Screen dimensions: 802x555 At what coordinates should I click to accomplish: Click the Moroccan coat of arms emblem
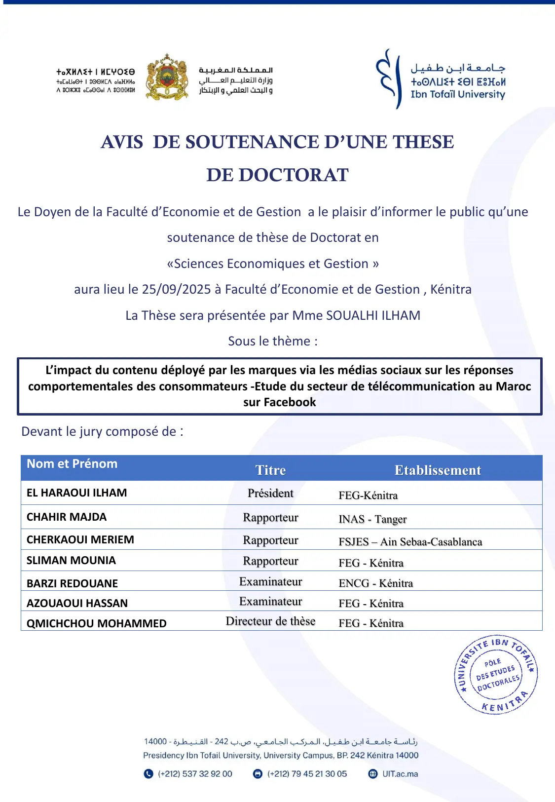click(167, 77)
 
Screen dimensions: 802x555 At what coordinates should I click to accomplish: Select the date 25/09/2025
click(176, 289)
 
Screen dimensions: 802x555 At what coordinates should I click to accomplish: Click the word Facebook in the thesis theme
click(290, 402)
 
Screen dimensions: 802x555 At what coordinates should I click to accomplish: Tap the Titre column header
click(270, 470)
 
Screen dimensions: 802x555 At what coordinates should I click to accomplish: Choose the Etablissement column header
click(438, 470)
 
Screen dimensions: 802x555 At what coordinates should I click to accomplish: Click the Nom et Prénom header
click(72, 464)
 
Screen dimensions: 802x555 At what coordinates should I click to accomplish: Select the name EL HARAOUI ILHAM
click(77, 493)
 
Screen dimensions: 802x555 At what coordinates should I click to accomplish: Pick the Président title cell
click(270, 493)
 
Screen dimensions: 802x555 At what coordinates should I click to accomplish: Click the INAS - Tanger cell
click(372, 519)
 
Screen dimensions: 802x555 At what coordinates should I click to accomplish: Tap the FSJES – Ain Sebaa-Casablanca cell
click(410, 542)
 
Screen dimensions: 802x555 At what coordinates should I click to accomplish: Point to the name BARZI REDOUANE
click(72, 583)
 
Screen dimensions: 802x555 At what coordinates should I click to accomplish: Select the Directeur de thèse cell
click(270, 621)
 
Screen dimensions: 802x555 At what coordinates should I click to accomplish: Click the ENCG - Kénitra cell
click(375, 583)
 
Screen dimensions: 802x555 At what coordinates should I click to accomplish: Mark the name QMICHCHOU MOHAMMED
click(97, 623)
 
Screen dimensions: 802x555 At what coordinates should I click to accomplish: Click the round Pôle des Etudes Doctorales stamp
click(496, 675)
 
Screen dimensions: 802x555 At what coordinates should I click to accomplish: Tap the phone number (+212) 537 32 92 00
click(195, 774)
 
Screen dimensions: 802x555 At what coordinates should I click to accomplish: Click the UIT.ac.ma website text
click(400, 774)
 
